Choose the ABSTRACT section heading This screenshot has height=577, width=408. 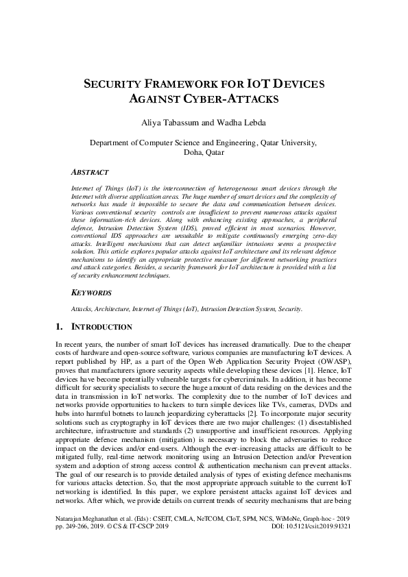[91, 173]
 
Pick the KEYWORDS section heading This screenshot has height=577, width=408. [92, 293]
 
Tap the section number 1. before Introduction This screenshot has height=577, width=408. [59, 327]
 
